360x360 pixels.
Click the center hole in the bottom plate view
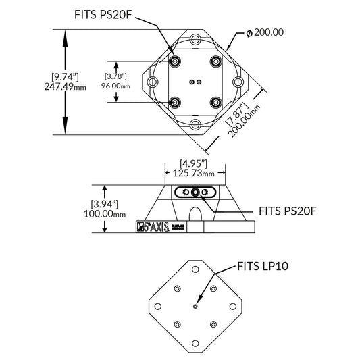[195, 306]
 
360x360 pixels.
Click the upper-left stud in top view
[176, 61]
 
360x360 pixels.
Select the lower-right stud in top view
[215, 103]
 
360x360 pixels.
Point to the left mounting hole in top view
[153, 82]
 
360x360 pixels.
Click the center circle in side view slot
[196, 193]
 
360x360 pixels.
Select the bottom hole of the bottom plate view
[195, 343]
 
